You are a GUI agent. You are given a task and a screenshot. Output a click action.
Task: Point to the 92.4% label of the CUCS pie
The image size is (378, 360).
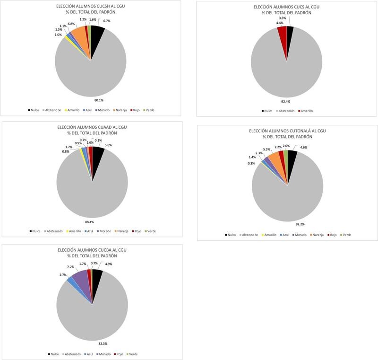tap(286, 101)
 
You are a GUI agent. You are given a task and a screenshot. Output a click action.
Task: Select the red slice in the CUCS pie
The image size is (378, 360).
tap(282, 32)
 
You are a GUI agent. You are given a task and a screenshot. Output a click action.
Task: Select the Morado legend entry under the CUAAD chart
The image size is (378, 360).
tap(104, 231)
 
